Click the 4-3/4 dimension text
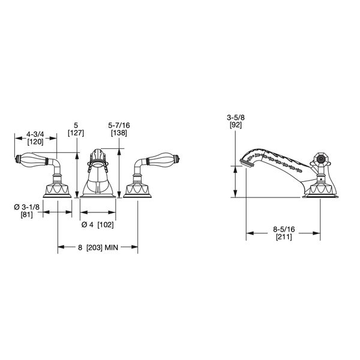point(35,134)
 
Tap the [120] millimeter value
point(35,142)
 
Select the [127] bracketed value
point(76,133)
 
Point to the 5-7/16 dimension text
point(119,125)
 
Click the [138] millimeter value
point(119,133)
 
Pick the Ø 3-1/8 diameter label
point(26,207)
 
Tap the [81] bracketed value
point(26,215)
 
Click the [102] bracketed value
point(106,224)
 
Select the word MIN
point(112,247)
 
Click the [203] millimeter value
point(94,247)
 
